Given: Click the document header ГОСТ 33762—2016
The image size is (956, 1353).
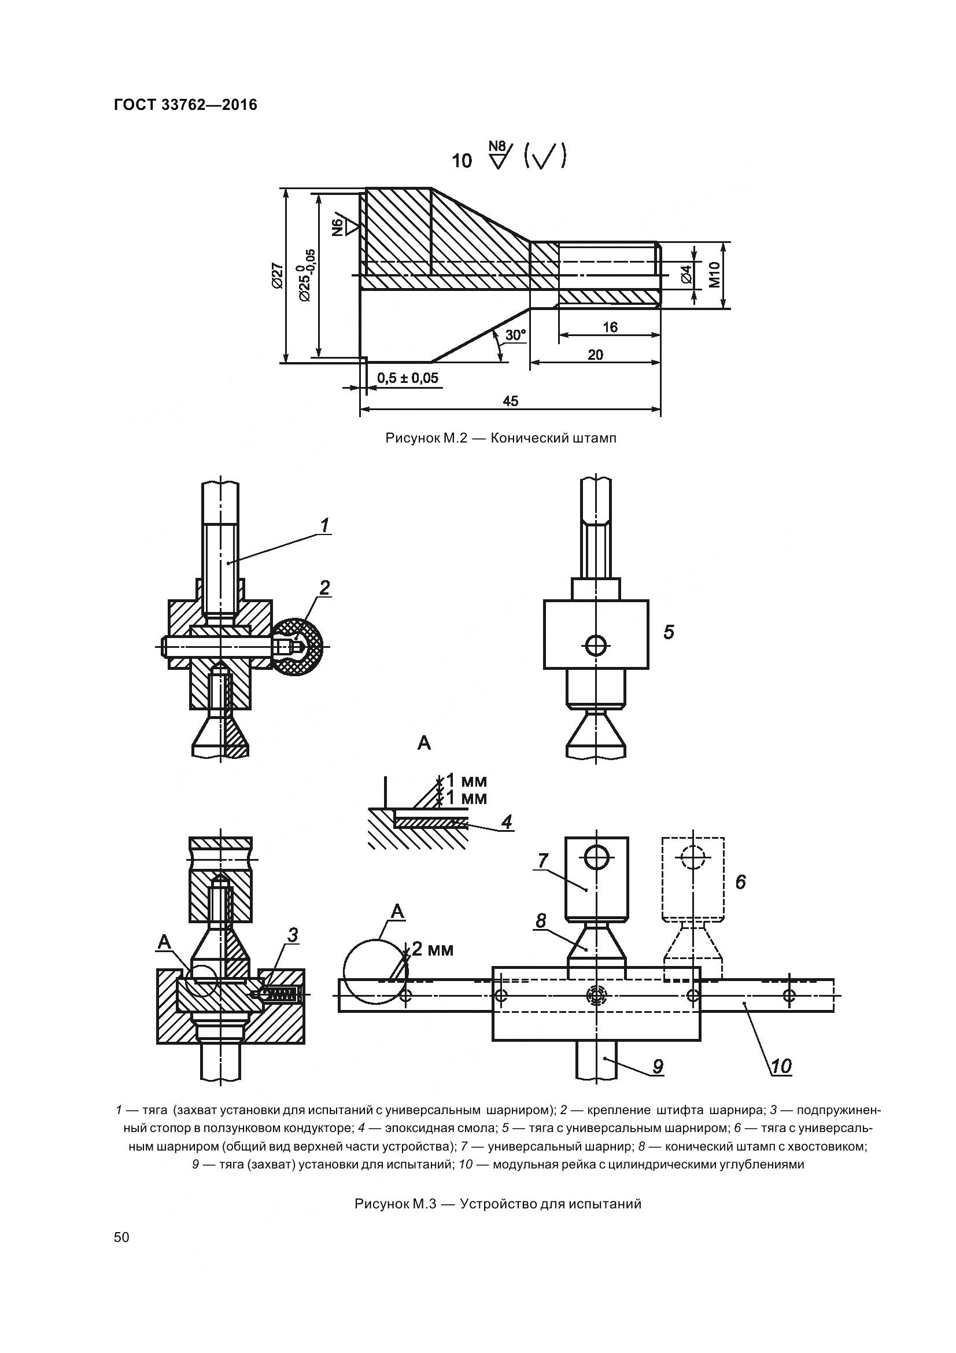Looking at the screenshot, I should tap(186, 105).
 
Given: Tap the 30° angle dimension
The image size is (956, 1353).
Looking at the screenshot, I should tap(515, 335).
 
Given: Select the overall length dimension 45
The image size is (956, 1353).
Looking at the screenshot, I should tap(511, 401).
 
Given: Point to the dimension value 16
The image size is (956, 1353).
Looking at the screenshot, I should tap(611, 327).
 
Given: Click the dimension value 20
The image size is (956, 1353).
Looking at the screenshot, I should tap(596, 355).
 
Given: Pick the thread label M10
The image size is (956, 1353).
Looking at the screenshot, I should tap(715, 275).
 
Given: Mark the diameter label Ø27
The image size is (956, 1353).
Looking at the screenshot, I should tap(277, 275).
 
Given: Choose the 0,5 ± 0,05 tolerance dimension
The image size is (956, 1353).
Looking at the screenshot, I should tap(408, 378).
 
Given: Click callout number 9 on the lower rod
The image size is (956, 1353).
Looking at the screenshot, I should tap(658, 1066).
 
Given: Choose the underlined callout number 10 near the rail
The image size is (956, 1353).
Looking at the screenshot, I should tap(781, 1066).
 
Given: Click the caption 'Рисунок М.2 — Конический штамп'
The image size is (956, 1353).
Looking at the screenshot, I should tap(501, 438).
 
